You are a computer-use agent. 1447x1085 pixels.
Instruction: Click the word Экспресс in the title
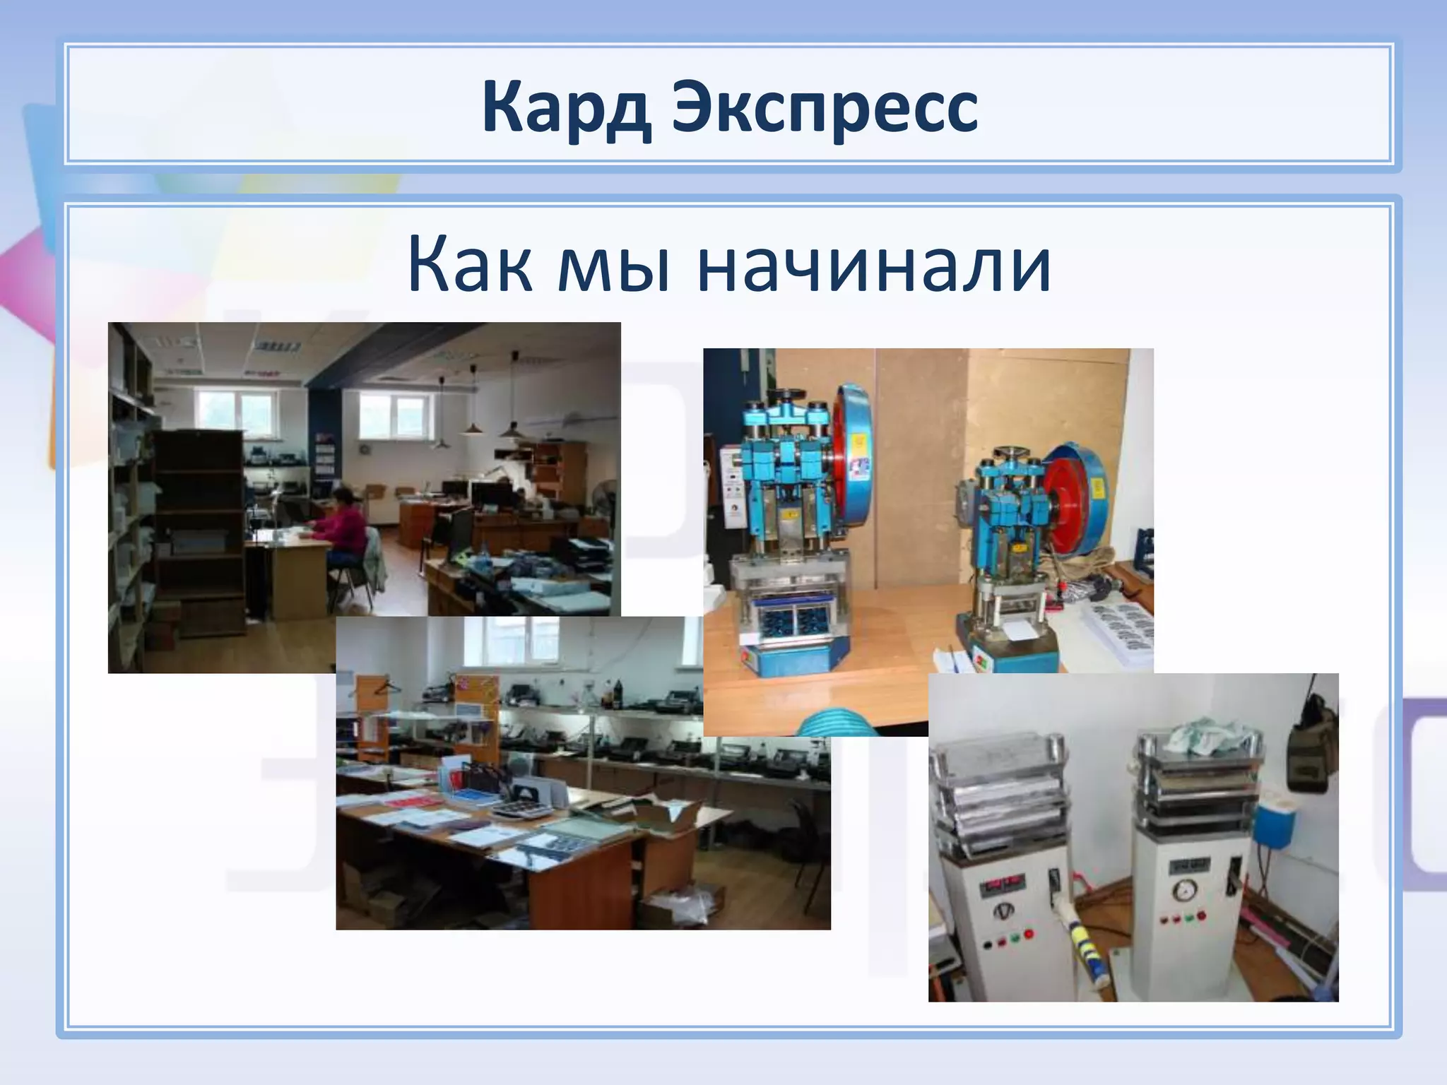coord(825,108)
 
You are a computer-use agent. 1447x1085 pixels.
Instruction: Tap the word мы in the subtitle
coord(613,266)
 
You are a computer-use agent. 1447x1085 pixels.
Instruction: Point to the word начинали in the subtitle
coord(874,266)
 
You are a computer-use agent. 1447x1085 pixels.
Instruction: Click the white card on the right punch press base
coord(1018,630)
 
